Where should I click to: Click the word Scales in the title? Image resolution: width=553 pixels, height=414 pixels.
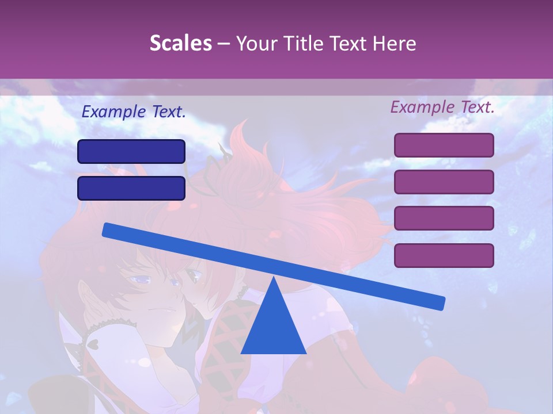[x=180, y=43]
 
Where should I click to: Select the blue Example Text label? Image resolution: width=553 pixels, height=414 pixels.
[x=134, y=112]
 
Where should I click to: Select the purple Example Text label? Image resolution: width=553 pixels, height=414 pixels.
[x=442, y=107]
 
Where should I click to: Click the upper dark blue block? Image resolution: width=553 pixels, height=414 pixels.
[x=131, y=151]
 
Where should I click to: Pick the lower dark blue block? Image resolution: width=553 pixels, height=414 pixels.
[x=131, y=188]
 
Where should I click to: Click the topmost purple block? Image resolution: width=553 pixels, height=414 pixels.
[x=444, y=145]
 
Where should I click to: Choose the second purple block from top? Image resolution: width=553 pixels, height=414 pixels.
[x=444, y=182]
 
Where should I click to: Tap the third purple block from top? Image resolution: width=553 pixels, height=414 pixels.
[x=444, y=218]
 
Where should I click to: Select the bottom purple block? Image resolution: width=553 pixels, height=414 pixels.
[x=444, y=255]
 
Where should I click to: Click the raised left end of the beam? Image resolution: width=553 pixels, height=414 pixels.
[x=109, y=230]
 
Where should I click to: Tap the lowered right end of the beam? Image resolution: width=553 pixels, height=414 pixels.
[x=439, y=302]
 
